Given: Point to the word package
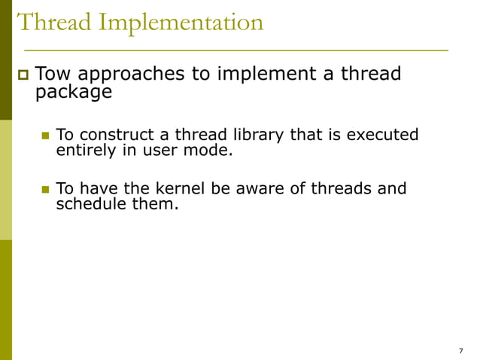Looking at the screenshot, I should pyautogui.click(x=74, y=93).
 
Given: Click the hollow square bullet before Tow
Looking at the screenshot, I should pyautogui.click(x=21, y=75).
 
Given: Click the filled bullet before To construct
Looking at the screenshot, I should pyautogui.click(x=44, y=136).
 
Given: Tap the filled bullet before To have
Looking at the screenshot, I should pyautogui.click(x=44, y=188).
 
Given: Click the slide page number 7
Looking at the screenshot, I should pyautogui.click(x=460, y=351).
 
